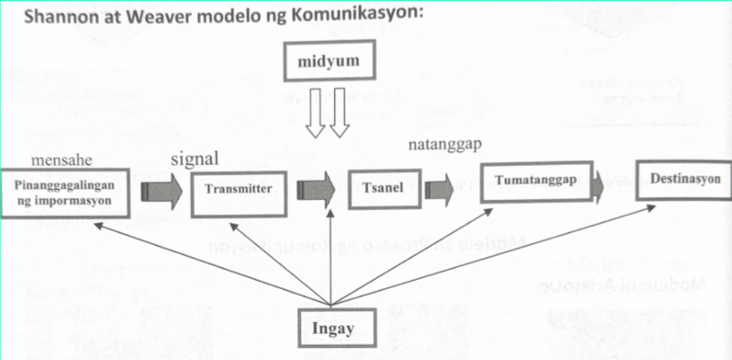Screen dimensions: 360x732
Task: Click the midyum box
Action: coord(330,61)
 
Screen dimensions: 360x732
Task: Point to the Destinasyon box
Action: coord(680,180)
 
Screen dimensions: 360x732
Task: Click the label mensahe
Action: coord(59,161)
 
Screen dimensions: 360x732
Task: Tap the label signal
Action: coord(195,159)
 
